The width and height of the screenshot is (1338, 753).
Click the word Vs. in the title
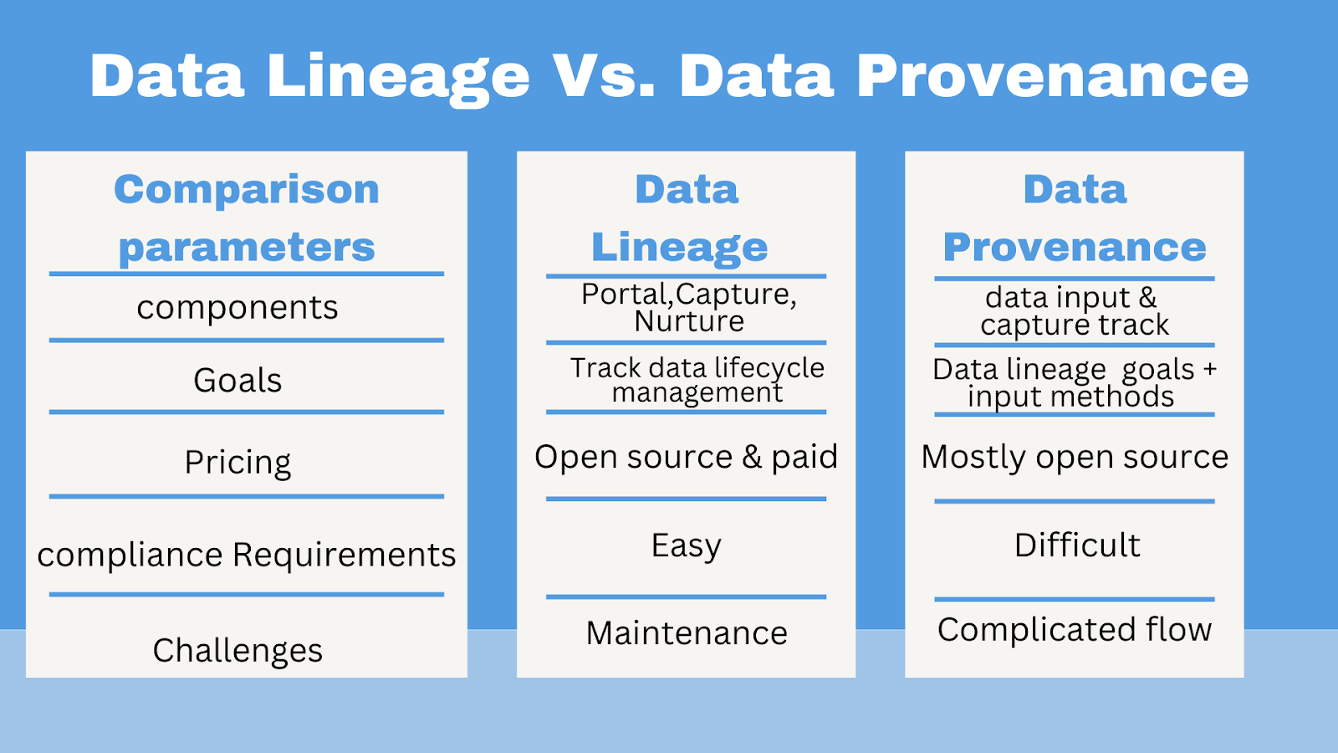point(603,76)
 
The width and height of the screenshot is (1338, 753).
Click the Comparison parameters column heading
point(247,218)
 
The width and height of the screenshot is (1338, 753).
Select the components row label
point(237,308)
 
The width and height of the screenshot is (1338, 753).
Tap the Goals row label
point(237,381)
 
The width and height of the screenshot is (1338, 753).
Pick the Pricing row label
point(237,462)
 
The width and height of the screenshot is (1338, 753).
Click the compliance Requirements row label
point(247,555)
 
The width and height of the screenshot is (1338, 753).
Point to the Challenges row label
point(237,650)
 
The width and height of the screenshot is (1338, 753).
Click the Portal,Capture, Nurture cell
point(689,307)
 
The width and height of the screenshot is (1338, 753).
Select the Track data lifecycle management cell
point(697,379)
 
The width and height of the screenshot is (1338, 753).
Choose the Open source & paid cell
point(686,457)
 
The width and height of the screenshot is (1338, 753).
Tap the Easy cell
point(686,546)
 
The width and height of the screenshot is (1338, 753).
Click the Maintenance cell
point(687,633)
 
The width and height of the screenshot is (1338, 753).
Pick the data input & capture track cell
point(1074,310)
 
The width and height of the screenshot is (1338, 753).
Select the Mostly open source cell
point(1075,457)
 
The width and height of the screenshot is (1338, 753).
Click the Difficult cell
point(1077,546)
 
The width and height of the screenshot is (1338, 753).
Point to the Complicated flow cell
point(1075,630)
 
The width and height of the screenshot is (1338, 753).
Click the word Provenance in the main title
point(1052,76)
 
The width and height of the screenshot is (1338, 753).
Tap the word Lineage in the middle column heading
point(679,247)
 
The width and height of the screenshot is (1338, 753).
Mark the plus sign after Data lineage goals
point(1209,369)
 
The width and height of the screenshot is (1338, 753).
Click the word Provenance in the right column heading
point(1075,247)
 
